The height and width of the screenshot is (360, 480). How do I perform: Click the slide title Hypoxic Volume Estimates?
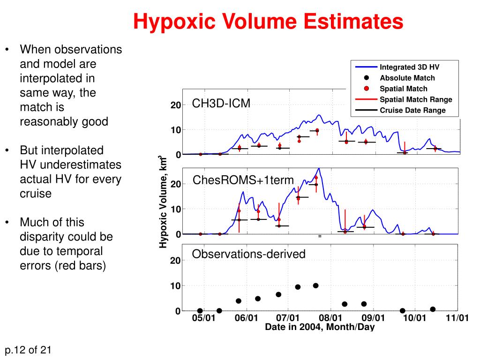tap(268, 22)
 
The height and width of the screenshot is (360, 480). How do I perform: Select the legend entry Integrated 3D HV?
tap(409, 67)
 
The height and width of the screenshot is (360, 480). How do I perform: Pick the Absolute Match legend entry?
tap(407, 78)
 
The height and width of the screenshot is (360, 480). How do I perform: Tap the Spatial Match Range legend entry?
tap(415, 99)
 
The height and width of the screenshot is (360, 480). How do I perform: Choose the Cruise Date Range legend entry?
tap(412, 111)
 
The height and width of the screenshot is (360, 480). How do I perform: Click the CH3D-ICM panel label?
tap(221, 103)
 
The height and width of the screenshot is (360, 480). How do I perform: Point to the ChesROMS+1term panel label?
tap(243, 180)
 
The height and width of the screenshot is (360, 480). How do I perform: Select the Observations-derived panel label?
tap(248, 254)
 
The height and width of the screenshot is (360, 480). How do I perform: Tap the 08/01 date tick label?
tap(331, 318)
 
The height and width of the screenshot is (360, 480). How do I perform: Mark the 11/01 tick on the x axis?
tap(457, 318)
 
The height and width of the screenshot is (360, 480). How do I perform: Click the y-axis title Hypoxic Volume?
tap(163, 202)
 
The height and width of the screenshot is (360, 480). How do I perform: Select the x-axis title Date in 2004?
tap(320, 327)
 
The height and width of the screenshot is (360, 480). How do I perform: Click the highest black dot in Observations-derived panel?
tap(315, 285)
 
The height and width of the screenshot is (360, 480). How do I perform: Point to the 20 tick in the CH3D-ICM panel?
tap(175, 105)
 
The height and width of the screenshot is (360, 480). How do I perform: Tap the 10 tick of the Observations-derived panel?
tap(175, 286)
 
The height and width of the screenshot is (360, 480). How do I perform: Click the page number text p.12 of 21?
tap(28, 350)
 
